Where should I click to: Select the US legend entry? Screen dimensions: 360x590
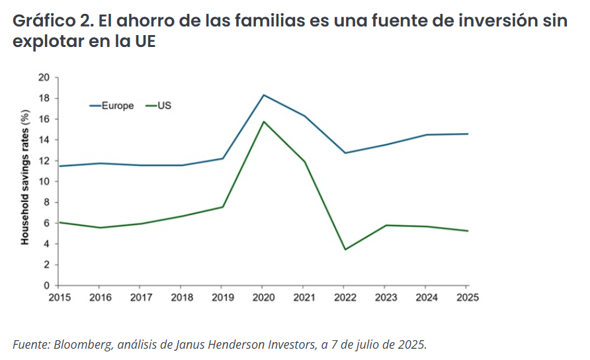coord(164,106)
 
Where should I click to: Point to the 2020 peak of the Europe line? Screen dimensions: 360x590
coord(264,95)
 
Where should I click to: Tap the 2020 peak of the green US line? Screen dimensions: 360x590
coord(264,122)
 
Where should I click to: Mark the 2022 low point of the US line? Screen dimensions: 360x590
coord(345,249)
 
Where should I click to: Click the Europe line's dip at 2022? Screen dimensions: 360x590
coord(345,153)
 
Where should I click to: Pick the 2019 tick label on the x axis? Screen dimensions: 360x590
coord(223,298)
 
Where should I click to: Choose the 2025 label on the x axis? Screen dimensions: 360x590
coord(468,298)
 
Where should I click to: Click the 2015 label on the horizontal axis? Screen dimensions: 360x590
coord(60,298)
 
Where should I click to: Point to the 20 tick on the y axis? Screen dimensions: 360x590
coord(45,77)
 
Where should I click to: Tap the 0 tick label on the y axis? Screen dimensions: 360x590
coord(48,285)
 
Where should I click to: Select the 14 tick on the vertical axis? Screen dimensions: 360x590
coord(45,140)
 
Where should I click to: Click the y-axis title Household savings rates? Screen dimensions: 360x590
coord(25,180)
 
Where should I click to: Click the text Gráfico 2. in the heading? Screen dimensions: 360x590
coord(52,21)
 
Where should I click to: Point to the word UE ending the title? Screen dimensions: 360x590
coord(144,42)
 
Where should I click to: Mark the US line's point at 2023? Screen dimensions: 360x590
coord(386,226)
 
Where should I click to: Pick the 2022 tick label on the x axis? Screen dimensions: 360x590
coord(345,298)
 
